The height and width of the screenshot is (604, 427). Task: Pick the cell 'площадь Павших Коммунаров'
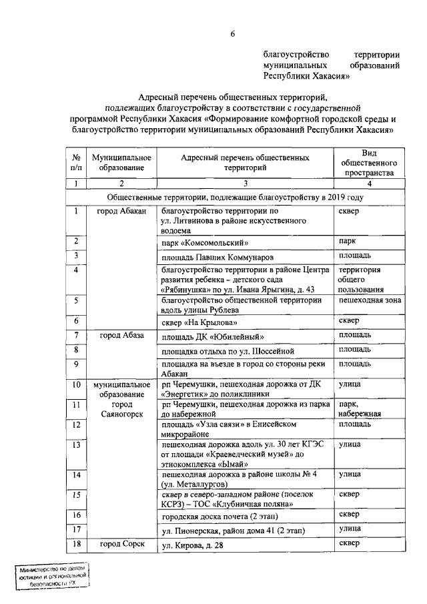pyautogui.click(x=217, y=257)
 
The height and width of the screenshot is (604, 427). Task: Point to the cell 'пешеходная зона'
pyautogui.click(x=369, y=302)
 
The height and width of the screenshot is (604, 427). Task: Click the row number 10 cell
pyautogui.click(x=76, y=385)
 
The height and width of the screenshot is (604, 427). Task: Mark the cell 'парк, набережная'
pyautogui.click(x=360, y=408)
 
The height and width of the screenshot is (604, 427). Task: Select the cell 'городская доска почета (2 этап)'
pyautogui.click(x=220, y=516)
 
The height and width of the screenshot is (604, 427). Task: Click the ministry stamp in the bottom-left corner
pyautogui.click(x=53, y=576)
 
